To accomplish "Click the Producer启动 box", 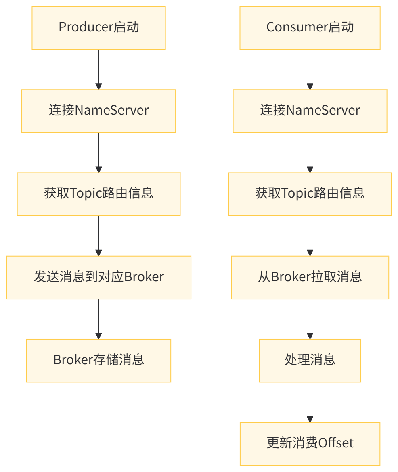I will pyautogui.click(x=98, y=28).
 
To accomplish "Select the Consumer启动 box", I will pyautogui.click(x=310, y=28).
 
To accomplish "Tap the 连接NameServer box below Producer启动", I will pyautogui.click(x=98, y=111).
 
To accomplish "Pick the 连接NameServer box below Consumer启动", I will pyautogui.click(x=310, y=111).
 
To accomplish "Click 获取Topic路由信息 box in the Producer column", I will pyautogui.click(x=98, y=194).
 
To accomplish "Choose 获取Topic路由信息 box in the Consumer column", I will pyautogui.click(x=310, y=194).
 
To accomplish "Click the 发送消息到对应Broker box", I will pyautogui.click(x=98, y=277).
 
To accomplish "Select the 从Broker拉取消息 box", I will pyautogui.click(x=310, y=277).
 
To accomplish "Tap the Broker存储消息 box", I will pyautogui.click(x=98, y=360).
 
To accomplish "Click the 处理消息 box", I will pyautogui.click(x=310, y=360).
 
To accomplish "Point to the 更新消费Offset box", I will pyautogui.click(x=310, y=443).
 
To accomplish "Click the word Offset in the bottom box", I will pyautogui.click(x=336, y=443).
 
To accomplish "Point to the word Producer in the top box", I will pyautogui.click(x=85, y=28).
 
